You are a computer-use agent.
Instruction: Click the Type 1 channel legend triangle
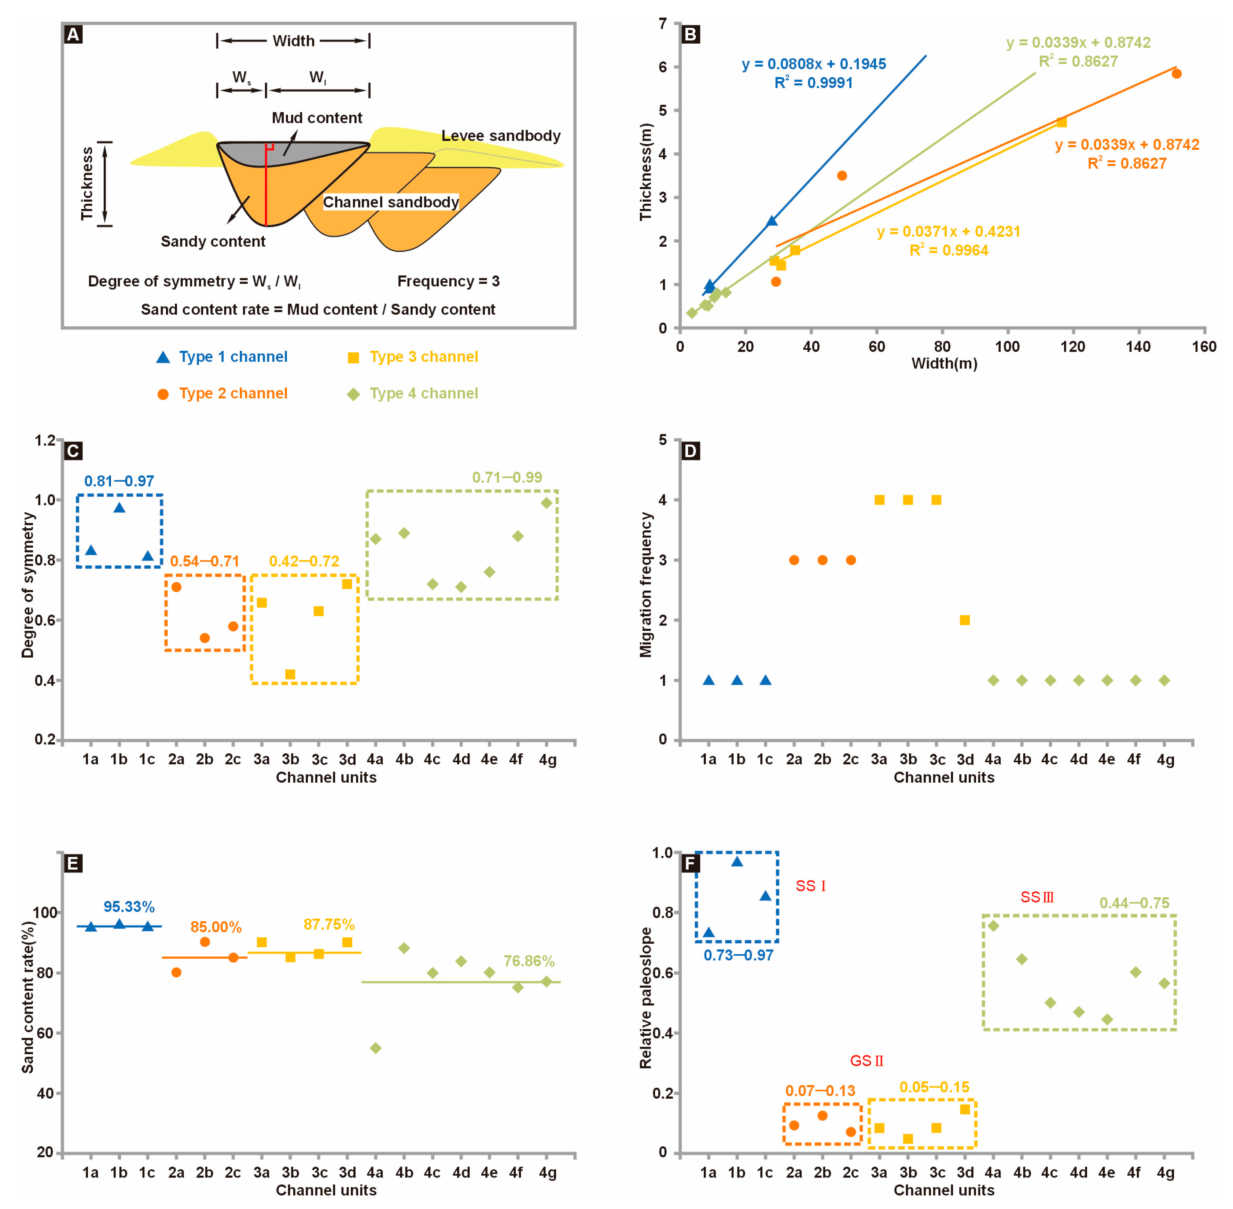[163, 357]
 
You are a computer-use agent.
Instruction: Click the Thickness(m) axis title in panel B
[646, 172]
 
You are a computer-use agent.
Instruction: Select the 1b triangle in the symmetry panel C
[119, 507]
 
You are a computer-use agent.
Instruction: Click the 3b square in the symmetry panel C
[290, 675]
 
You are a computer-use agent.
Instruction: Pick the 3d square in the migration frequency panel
[964, 620]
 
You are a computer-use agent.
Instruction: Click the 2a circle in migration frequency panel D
[794, 560]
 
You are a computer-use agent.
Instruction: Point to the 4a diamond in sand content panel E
[375, 1048]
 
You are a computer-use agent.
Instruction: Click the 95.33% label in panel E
[129, 907]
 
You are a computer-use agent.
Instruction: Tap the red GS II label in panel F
[867, 1061]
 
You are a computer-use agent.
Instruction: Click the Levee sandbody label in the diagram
[501, 136]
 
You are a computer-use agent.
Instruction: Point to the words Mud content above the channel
[317, 118]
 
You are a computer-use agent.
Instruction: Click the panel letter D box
[690, 451]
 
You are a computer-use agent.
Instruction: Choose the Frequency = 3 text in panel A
[448, 281]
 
